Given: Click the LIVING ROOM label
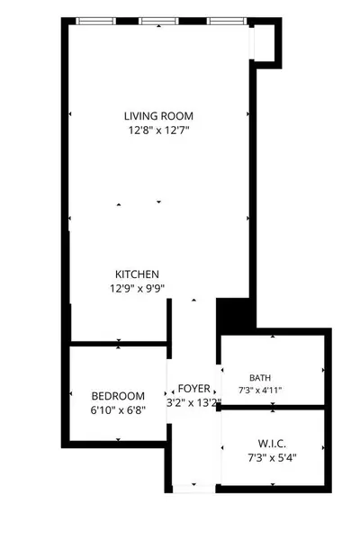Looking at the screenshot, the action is (x=158, y=116).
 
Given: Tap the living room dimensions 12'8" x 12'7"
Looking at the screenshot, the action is (x=159, y=130).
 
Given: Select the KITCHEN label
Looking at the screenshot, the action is (x=137, y=274).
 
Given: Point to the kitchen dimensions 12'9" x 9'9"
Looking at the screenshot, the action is (x=137, y=288).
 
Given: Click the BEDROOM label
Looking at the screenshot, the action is (x=118, y=396).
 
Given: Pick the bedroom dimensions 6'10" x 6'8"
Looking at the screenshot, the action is (x=118, y=410).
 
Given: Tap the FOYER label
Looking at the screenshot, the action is (x=194, y=389).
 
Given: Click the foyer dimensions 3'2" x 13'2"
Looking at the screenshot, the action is (x=193, y=402).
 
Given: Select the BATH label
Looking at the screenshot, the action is (x=260, y=378).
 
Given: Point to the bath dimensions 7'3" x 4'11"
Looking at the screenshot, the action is (x=260, y=391).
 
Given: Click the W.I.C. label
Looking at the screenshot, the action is (x=272, y=444).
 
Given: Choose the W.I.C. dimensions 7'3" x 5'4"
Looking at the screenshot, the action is (x=272, y=458).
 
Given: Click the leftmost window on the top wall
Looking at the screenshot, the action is (x=95, y=21).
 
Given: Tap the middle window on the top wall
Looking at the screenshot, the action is (x=158, y=21).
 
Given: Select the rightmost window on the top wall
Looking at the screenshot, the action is (x=227, y=21).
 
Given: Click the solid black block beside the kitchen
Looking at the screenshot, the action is (x=232, y=315).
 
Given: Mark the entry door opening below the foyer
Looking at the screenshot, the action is (x=194, y=489).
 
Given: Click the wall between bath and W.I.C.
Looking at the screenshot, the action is (x=273, y=408).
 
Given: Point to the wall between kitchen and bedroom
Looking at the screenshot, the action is (x=119, y=344).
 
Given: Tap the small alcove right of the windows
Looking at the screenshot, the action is (x=265, y=42).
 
